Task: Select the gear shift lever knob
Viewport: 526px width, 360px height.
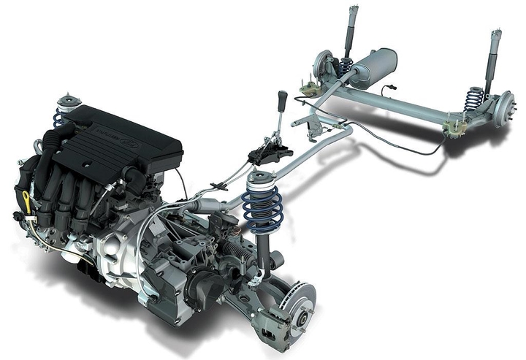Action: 283,96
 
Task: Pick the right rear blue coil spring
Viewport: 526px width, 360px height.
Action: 474,99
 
